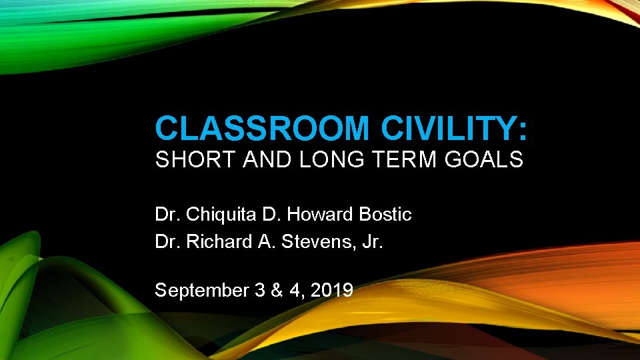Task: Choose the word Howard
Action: [x=321, y=215]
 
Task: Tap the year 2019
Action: [x=331, y=290]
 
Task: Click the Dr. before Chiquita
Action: [x=167, y=215]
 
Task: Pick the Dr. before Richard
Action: [x=167, y=241]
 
